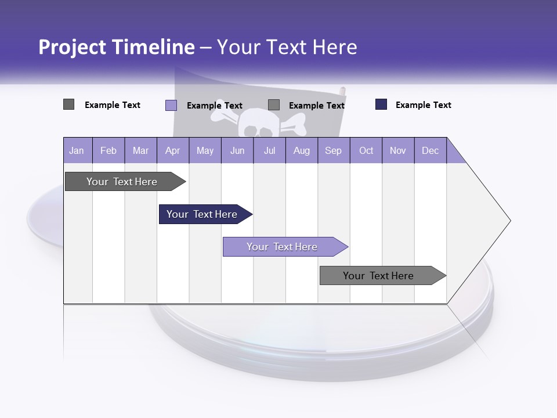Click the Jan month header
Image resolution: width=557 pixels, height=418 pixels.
[77, 150]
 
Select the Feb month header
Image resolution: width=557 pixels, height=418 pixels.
[108, 150]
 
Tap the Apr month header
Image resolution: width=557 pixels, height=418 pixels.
[172, 150]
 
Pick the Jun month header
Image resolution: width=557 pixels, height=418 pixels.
[237, 150]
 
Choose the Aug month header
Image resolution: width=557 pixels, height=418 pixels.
[302, 150]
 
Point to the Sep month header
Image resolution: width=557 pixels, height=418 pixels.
[333, 150]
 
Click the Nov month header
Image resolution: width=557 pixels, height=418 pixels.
[398, 150]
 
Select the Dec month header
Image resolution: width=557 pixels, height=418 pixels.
[430, 150]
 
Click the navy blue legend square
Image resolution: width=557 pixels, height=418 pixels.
[381, 105]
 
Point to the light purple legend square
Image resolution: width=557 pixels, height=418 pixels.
[171, 105]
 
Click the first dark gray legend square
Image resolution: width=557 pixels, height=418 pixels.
[68, 105]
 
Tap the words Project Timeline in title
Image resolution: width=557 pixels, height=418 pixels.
[117, 47]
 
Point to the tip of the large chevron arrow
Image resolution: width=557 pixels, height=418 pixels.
[509, 221]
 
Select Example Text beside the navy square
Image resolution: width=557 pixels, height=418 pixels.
[423, 105]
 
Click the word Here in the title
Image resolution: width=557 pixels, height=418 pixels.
[335, 47]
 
